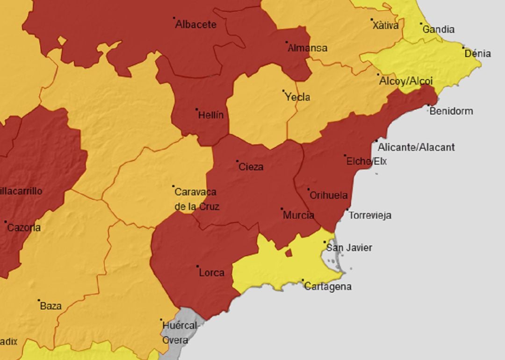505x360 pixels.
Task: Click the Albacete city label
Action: [195, 25]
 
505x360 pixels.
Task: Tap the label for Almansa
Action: [307, 48]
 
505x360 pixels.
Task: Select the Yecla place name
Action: [297, 97]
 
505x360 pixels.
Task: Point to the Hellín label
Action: [211, 115]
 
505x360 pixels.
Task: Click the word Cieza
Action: [251, 167]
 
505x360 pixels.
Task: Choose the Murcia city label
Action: [298, 216]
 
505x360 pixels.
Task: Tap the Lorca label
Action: [211, 273]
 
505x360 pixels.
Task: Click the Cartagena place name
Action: [327, 287]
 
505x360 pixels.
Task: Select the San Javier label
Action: [349, 248]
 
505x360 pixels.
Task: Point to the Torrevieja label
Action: [370, 216]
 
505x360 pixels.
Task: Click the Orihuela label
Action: [329, 196]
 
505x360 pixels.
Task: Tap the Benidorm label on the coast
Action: [451, 111]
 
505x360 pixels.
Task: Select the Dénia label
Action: [477, 54]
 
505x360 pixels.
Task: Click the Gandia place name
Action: [438, 29]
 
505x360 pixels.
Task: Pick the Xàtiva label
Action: [386, 26]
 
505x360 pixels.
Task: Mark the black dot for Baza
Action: [39, 301]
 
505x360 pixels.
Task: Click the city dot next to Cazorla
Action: [6, 222]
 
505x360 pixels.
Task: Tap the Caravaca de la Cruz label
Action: [196, 199]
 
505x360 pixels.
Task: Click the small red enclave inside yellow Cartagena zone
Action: [289, 253]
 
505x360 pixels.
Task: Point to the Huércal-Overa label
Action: [180, 332]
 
